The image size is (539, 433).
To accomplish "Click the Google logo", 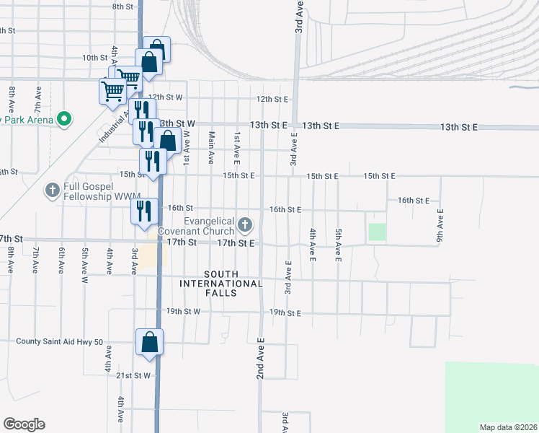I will (x=24, y=424).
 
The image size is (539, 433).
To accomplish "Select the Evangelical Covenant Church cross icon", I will (x=245, y=225).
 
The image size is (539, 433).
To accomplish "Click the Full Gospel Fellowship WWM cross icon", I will (x=52, y=191).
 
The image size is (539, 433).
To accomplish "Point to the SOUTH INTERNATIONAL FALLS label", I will (x=223, y=279).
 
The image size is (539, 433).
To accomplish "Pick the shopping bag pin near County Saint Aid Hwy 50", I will (x=149, y=341).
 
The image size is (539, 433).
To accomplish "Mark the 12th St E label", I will (x=272, y=99).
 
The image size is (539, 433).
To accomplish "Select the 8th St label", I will (x=122, y=6).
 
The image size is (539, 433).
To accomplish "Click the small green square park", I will (x=377, y=232).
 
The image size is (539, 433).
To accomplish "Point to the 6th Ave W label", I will (x=62, y=260).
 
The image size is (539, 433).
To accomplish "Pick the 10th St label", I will (x=94, y=58).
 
